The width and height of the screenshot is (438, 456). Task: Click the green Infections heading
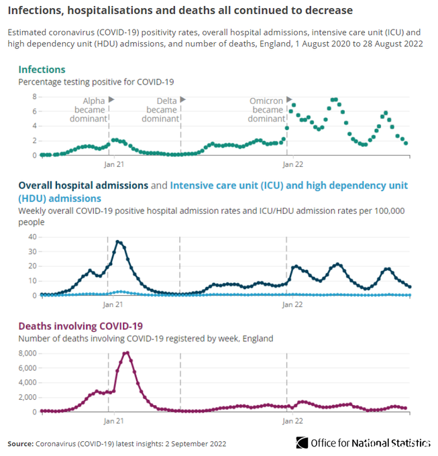42,69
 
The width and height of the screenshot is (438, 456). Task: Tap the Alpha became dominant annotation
90,109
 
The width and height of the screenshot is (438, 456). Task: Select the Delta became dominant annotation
162,109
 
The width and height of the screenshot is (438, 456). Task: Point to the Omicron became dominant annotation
266,109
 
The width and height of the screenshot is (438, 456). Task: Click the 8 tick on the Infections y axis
33,96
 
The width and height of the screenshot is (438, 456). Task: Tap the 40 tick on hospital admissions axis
31,236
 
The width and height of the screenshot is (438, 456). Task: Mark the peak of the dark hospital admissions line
118,241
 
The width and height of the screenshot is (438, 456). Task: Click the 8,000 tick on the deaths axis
27,353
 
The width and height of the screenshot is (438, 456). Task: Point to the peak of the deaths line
126,353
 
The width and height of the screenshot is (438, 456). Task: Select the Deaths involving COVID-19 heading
80,327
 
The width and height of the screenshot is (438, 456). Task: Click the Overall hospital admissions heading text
83,185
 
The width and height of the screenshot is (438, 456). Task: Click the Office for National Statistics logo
362,443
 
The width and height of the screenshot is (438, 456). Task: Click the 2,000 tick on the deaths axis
27,397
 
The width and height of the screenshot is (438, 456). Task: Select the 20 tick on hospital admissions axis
31,266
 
